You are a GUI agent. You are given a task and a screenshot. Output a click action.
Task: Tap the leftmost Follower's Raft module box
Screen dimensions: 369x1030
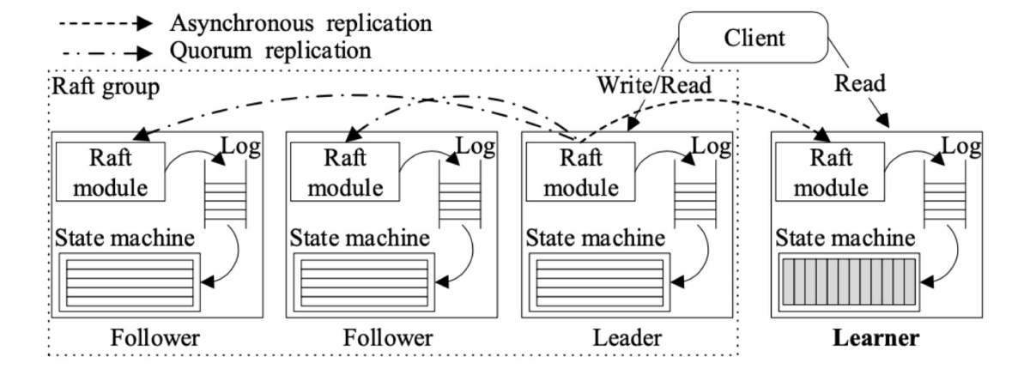pos(109,170)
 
